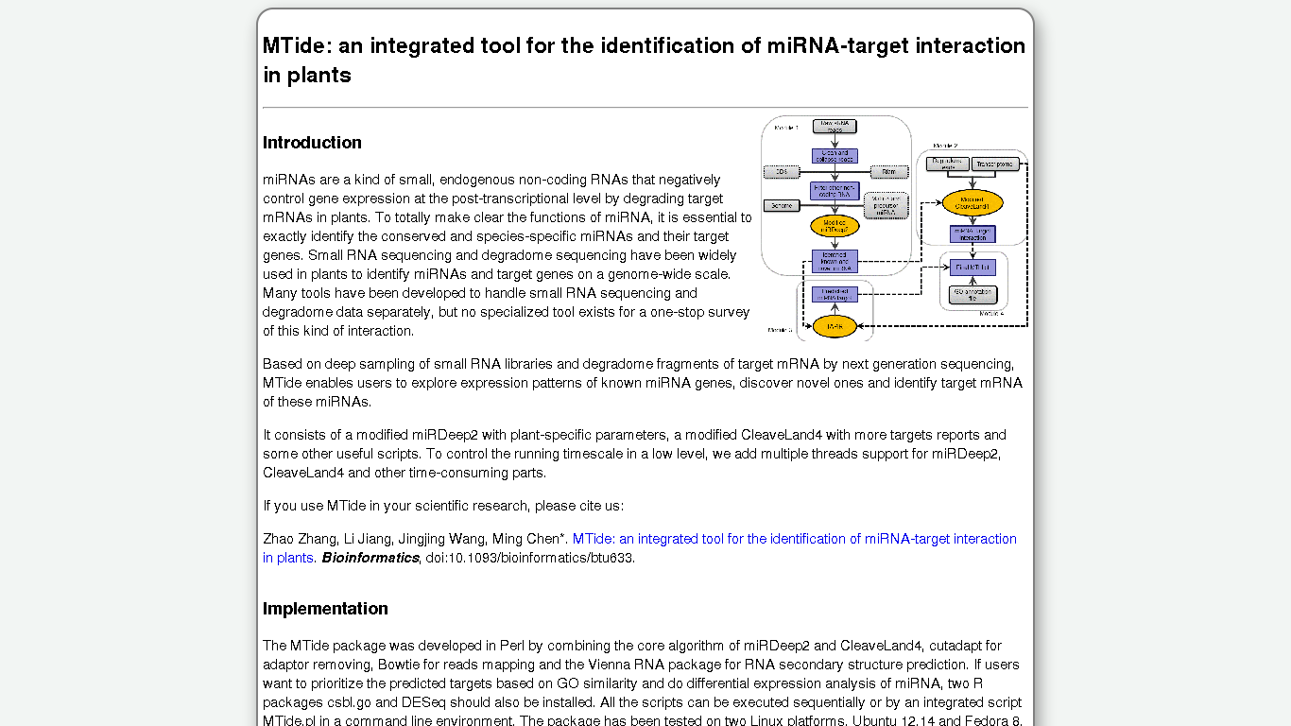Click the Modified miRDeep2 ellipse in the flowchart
[835, 227]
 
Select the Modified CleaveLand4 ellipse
[973, 202]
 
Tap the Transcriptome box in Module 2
[995, 164]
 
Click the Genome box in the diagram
[782, 205]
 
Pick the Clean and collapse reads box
[835, 156]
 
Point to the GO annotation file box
[973, 295]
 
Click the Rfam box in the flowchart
[888, 172]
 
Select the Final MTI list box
[973, 268]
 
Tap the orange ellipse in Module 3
[835, 326]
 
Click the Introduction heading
[312, 143]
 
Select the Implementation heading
[325, 609]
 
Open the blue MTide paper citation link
[794, 539]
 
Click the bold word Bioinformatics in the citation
[370, 558]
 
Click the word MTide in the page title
[295, 45]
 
